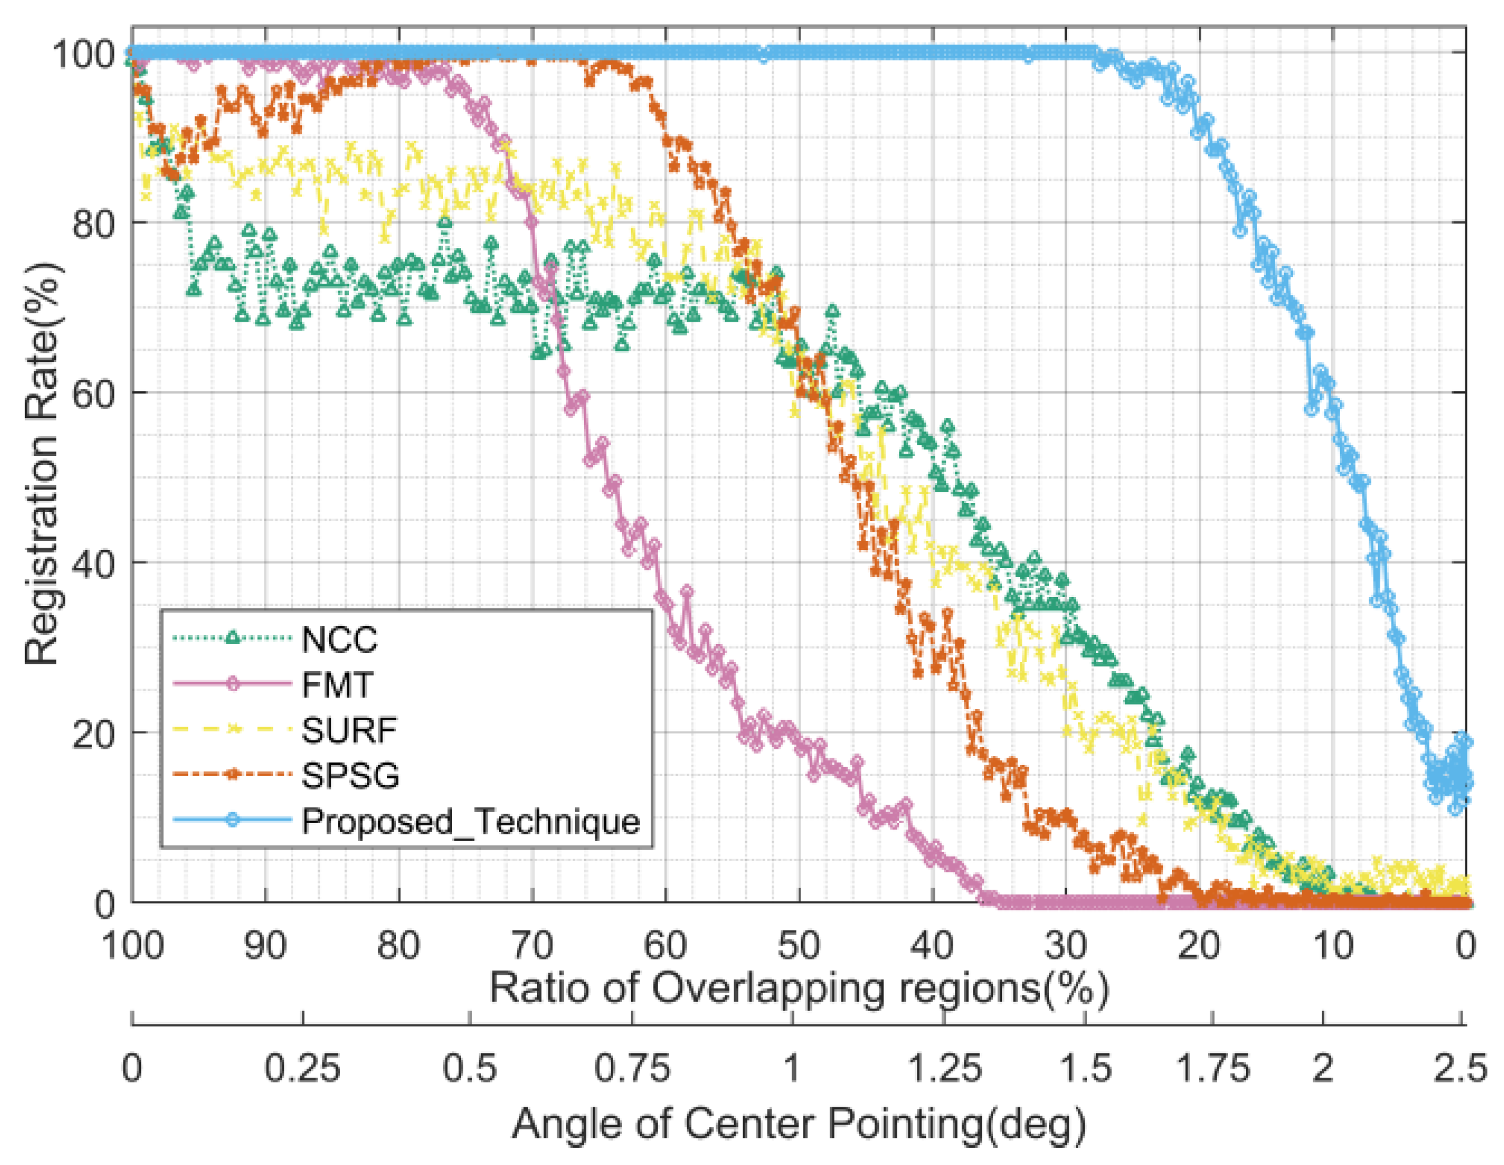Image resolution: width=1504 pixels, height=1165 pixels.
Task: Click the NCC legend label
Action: point(340,640)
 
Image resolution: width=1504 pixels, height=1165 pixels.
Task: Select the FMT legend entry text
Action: point(337,685)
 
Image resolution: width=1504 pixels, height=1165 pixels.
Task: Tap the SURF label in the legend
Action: point(349,730)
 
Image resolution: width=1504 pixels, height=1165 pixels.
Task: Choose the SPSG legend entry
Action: point(350,775)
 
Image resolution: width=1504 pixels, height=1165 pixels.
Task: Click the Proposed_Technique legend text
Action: point(470,821)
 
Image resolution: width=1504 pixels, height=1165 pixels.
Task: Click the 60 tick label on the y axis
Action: point(92,394)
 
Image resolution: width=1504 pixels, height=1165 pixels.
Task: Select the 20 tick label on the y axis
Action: point(92,734)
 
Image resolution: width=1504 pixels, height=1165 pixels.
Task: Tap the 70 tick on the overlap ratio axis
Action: point(532,945)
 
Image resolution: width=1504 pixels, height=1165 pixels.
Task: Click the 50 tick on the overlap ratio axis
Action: point(799,945)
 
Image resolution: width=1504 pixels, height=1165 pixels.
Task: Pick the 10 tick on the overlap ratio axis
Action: point(1333,945)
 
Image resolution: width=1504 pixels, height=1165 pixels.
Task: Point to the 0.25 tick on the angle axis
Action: point(302,1069)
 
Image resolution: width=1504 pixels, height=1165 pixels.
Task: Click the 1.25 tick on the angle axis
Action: point(943,1069)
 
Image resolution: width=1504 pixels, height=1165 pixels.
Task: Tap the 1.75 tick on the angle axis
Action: point(1212,1069)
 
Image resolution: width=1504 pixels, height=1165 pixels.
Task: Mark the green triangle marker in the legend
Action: point(233,638)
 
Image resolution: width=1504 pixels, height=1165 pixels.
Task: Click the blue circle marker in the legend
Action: point(233,819)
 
